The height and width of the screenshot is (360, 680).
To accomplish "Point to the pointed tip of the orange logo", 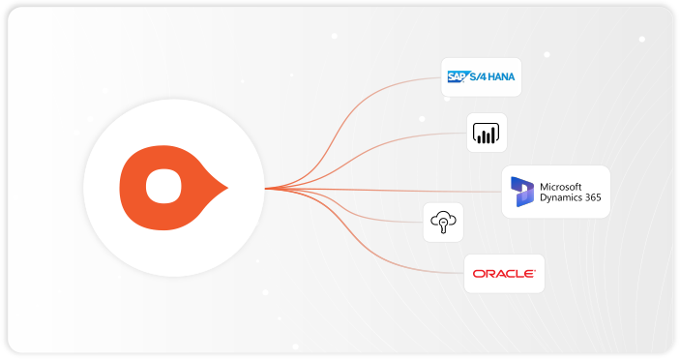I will click(226, 185).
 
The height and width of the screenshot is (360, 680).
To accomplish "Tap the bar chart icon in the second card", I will click(482, 132).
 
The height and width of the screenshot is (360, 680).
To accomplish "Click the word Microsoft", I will click(563, 185).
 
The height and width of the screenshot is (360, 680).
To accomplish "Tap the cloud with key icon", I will click(443, 223).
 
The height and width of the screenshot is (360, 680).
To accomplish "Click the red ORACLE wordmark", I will click(503, 274).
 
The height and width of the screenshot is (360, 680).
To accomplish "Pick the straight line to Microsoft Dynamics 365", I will click(406, 190).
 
